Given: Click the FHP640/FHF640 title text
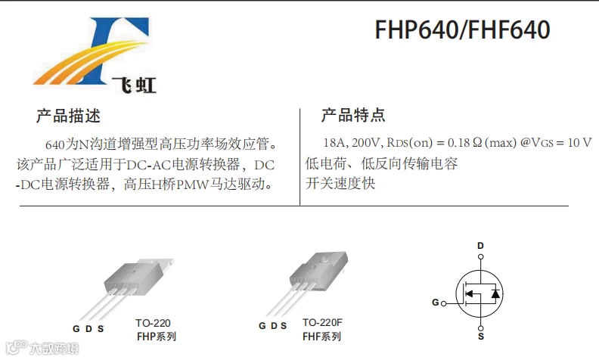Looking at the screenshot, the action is pos(462,30).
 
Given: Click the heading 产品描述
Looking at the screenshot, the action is pos(68,116).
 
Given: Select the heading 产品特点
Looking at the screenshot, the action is pos(353,116).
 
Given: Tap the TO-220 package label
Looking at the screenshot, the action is pos(153,323).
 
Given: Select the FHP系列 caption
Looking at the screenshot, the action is pos(156,337).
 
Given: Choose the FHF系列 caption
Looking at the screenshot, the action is pos(321,337).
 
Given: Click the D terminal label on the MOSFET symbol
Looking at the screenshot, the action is pos(480,247).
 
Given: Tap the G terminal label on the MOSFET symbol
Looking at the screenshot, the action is pos(436,303).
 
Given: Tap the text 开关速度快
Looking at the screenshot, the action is pos(340,183).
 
